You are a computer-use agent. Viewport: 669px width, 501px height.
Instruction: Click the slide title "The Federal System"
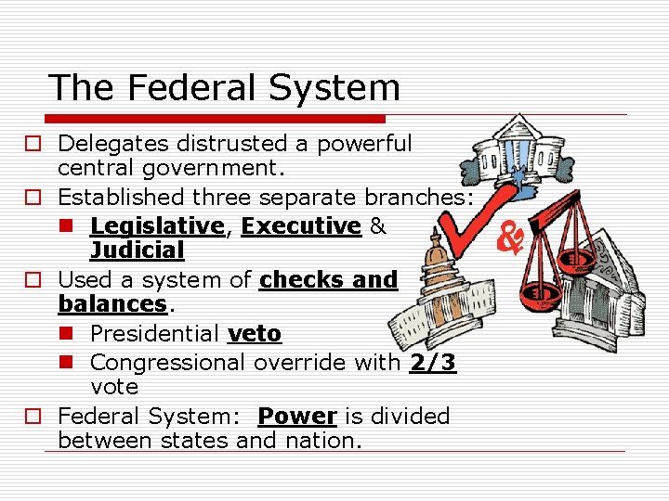pyautogui.click(x=224, y=88)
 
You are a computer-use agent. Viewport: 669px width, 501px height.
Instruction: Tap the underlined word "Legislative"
pyautogui.click(x=157, y=225)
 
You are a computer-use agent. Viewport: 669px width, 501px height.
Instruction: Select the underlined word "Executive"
pyautogui.click(x=300, y=225)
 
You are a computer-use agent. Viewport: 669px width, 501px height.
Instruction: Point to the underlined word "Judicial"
pyautogui.click(x=137, y=250)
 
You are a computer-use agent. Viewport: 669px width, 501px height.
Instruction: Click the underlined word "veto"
pyautogui.click(x=254, y=333)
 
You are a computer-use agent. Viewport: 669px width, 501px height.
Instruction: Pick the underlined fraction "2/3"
pyautogui.click(x=432, y=362)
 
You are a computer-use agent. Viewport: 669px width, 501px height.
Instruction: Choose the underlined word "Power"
pyautogui.click(x=298, y=416)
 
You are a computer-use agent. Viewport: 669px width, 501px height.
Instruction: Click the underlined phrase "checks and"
pyautogui.click(x=329, y=279)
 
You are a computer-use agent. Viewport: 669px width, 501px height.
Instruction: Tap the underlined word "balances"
pyautogui.click(x=111, y=303)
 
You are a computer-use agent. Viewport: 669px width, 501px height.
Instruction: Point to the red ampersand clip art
pyautogui.click(x=510, y=236)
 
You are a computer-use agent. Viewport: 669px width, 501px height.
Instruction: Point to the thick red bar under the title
pyautogui.click(x=216, y=119)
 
